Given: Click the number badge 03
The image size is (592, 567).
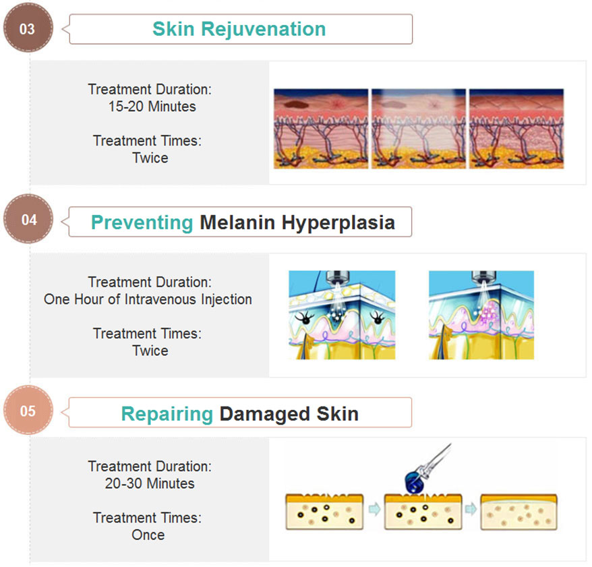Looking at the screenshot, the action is [x=28, y=28].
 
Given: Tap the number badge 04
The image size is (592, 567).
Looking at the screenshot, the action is [x=28, y=218].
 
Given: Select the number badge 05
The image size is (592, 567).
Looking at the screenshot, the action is [x=28, y=410].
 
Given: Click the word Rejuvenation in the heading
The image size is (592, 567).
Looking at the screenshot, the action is [x=263, y=30].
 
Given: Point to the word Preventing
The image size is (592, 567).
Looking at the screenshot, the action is [x=142, y=222].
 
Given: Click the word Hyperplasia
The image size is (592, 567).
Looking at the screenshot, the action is [x=338, y=222].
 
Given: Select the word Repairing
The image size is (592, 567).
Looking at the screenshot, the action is [x=167, y=414].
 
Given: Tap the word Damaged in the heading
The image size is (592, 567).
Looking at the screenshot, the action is [x=265, y=414].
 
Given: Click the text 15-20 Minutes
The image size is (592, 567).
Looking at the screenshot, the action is [x=152, y=107].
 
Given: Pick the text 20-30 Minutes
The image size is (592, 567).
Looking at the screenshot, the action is [x=150, y=483].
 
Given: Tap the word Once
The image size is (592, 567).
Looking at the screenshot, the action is [x=148, y=535].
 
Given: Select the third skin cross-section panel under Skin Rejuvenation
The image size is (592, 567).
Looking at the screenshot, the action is [x=516, y=129].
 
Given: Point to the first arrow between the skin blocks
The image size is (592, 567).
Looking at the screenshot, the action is [x=374, y=509].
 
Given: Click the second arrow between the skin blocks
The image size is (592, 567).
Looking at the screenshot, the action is [x=471, y=509].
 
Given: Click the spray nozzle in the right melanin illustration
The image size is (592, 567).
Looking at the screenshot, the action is [x=483, y=278].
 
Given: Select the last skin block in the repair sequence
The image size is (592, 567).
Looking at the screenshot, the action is [x=519, y=512].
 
